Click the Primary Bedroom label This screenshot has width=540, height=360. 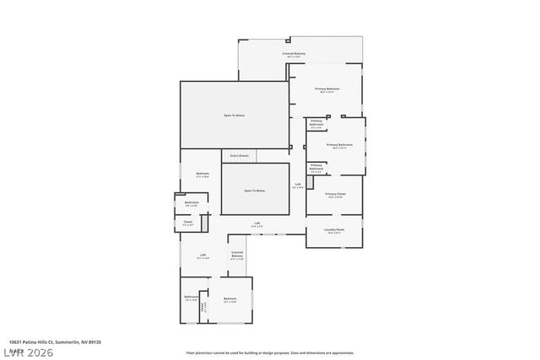[327, 89]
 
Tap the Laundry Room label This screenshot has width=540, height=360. [333, 229]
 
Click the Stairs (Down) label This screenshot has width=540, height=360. [238, 156]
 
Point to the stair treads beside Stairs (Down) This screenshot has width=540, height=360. [269, 156]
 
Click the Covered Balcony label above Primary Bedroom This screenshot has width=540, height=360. [294, 54]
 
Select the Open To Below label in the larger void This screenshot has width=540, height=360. [234, 115]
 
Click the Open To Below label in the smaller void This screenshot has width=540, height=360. [255, 191]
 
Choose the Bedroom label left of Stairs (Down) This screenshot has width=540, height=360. [202, 174]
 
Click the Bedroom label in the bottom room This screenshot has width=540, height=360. [229, 298]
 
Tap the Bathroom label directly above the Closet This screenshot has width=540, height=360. [192, 202]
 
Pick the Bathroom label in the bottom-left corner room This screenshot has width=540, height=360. [192, 298]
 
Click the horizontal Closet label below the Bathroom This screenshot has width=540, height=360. [188, 223]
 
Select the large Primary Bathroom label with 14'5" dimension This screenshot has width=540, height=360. [339, 145]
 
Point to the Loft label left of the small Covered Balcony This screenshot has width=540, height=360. [203, 255]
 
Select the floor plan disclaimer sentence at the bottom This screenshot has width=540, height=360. [270, 352]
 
